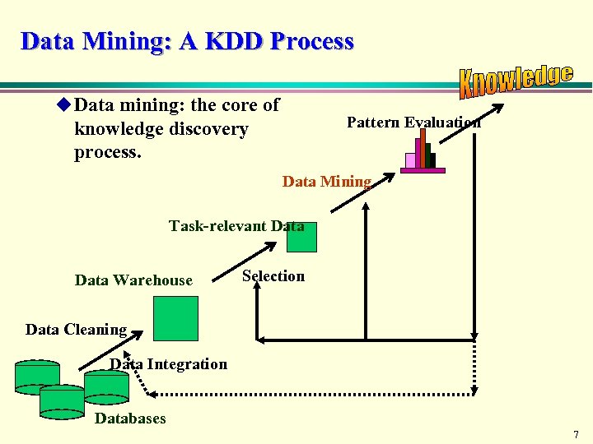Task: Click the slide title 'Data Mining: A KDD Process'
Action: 188,41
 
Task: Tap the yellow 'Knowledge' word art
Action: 516,80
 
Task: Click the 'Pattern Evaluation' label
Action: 413,123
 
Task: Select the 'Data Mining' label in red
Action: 327,182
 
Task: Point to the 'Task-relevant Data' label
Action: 236,225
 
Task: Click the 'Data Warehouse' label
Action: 133,280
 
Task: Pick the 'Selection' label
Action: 273,276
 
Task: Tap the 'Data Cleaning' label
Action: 76,330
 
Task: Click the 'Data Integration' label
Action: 169,364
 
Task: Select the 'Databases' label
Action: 130,419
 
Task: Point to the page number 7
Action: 576,434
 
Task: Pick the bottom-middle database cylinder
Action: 62,400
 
